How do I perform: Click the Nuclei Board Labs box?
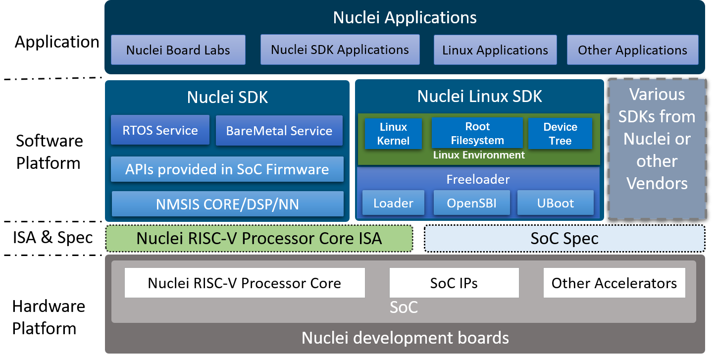point(178,50)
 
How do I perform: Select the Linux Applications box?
point(495,50)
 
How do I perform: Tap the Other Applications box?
point(633,50)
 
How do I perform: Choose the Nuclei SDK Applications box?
point(340,50)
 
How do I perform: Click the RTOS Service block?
point(160,130)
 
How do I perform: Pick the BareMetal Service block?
point(279,130)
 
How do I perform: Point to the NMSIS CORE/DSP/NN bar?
point(228,204)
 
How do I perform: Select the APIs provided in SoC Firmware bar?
point(227,169)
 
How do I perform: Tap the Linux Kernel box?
point(393,134)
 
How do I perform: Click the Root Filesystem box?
point(477,133)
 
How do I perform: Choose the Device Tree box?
point(561,134)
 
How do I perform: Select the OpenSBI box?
point(471,203)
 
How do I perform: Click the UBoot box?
point(556,203)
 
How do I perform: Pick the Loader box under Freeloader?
point(393,203)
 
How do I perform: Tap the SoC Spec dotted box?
point(564,238)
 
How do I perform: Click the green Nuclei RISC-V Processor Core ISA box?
point(259,238)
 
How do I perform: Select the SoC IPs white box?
point(454,283)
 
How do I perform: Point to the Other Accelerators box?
point(614,283)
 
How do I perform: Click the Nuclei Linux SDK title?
point(479,96)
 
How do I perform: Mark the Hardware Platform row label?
point(49,317)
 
